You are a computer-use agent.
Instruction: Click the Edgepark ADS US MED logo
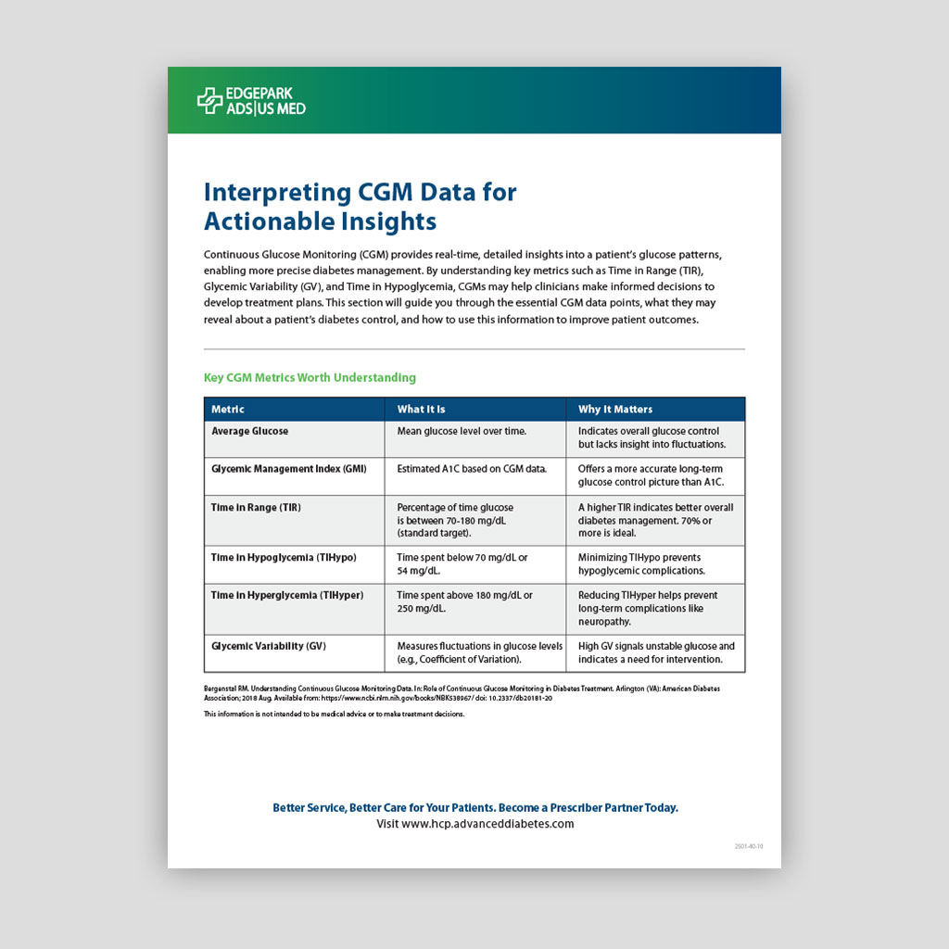[251, 100]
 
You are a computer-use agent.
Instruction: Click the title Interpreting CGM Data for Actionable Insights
[360, 207]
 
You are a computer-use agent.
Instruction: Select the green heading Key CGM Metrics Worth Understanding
[310, 377]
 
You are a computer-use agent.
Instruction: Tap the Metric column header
[228, 409]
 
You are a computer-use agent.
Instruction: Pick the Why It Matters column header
[615, 409]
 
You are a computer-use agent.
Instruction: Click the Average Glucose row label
[249, 431]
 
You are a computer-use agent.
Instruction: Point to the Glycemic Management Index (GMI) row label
[288, 469]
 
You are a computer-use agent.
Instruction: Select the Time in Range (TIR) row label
[256, 508]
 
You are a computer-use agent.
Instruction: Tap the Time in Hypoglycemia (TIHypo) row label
[284, 558]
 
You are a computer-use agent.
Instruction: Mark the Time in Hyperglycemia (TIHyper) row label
[286, 595]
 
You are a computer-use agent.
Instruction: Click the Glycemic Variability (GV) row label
[268, 646]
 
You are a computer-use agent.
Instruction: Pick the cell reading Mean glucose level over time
[462, 431]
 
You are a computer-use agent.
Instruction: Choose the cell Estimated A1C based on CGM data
[472, 469]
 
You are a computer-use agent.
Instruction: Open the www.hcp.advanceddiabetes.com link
[474, 824]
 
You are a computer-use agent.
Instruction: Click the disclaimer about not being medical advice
[334, 715]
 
